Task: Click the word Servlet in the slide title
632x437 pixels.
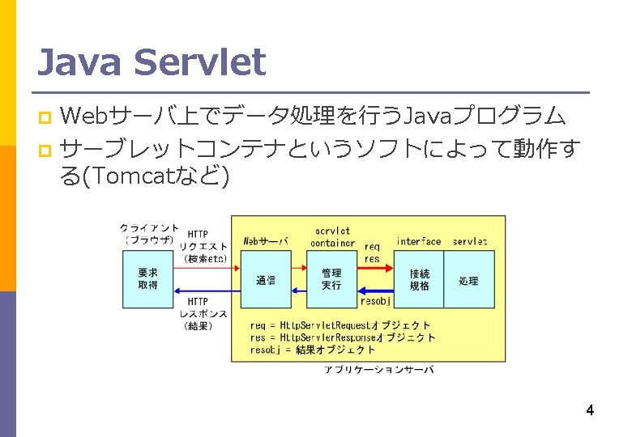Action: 201,62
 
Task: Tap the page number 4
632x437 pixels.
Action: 590,410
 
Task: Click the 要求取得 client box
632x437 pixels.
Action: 147,278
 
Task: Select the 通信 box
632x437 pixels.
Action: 266,279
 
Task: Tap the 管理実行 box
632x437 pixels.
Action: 331,278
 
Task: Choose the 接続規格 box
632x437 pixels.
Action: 419,279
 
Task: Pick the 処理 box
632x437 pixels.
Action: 468,279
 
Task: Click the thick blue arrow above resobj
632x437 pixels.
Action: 376,290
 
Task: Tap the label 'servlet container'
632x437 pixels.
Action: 332,236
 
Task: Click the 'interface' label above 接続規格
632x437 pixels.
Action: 419,241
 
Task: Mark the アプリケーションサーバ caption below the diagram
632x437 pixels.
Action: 378,369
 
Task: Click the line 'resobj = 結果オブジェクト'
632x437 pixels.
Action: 313,350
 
